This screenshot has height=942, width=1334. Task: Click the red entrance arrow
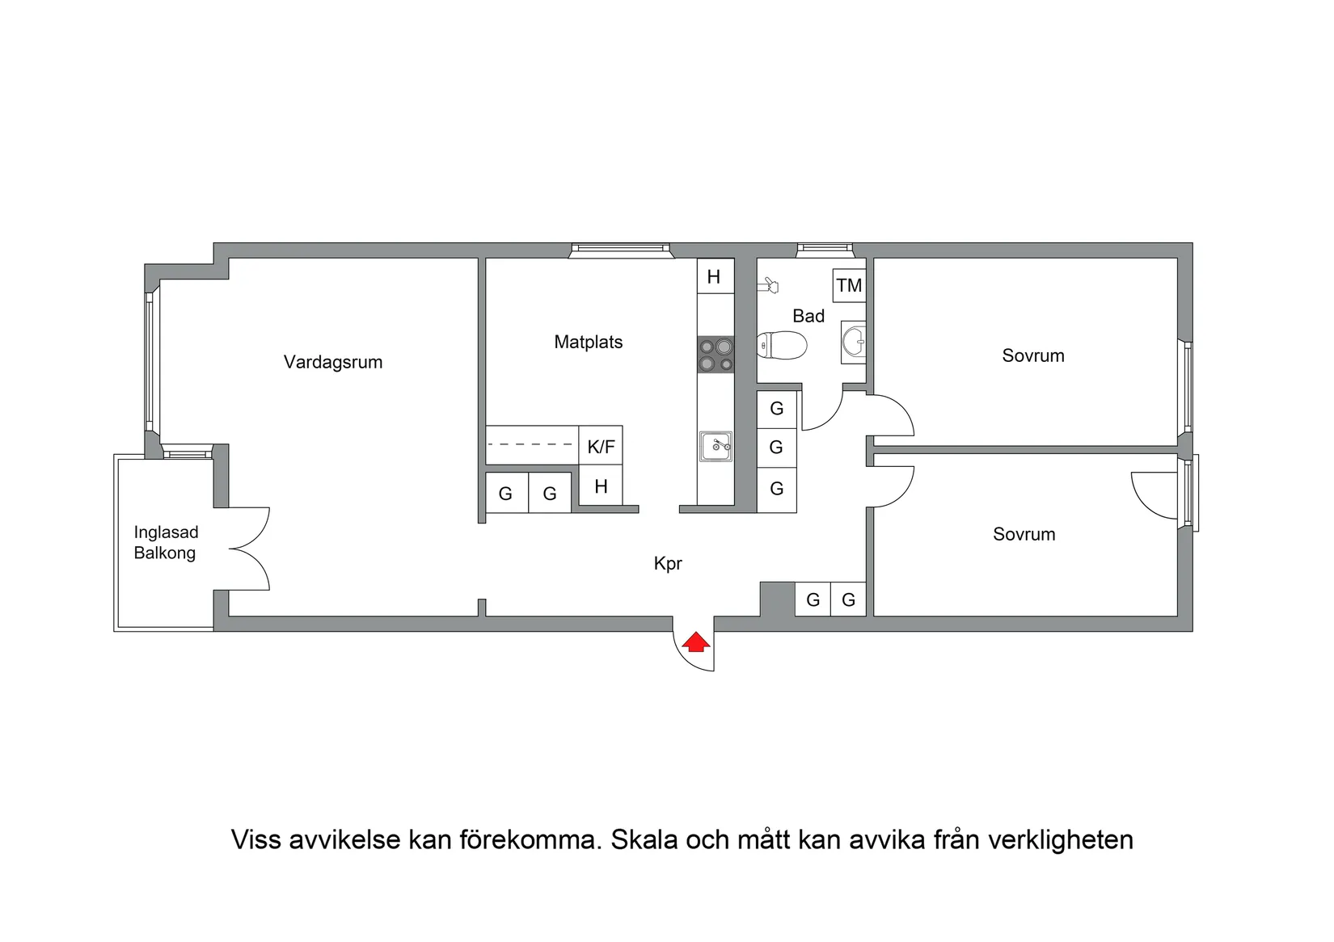[x=695, y=643]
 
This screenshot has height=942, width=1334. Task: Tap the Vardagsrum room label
[x=333, y=362]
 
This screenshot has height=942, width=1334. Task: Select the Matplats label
[x=589, y=342]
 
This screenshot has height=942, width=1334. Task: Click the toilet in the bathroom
[x=781, y=346]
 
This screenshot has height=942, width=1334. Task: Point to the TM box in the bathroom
[x=849, y=285]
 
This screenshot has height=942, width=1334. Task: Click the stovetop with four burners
[x=716, y=355]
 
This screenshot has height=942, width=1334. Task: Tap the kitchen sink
[x=716, y=446]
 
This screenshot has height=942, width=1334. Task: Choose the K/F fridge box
[x=601, y=446]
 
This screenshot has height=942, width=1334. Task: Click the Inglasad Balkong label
[x=166, y=543]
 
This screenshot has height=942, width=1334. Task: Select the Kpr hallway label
[x=668, y=564]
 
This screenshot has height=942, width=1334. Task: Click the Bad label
[x=808, y=316]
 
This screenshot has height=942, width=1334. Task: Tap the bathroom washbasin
[x=854, y=342]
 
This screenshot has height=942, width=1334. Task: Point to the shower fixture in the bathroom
[x=769, y=284]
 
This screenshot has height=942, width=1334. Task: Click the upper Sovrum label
[x=1033, y=355]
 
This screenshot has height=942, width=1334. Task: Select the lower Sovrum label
[x=1024, y=534]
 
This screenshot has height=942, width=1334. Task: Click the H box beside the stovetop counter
[x=714, y=277]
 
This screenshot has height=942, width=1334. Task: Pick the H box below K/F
[x=601, y=486]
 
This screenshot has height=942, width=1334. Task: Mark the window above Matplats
[x=620, y=251]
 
